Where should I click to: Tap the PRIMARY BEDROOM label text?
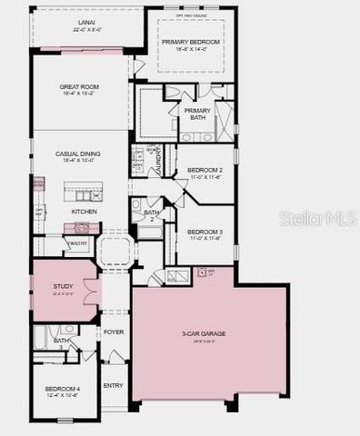(x=190, y=42)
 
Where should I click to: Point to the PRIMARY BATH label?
(x=197, y=113)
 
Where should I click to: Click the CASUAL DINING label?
(x=77, y=154)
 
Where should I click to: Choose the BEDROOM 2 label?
(x=205, y=170)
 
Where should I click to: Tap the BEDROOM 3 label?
(x=205, y=231)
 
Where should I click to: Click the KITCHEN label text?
(x=84, y=211)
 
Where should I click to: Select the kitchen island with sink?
(x=83, y=194)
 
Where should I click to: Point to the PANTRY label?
(x=77, y=243)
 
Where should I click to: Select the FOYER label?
(x=114, y=332)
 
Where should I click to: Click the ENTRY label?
(x=114, y=385)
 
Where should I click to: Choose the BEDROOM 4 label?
(x=63, y=389)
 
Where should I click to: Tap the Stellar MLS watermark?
(x=318, y=219)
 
